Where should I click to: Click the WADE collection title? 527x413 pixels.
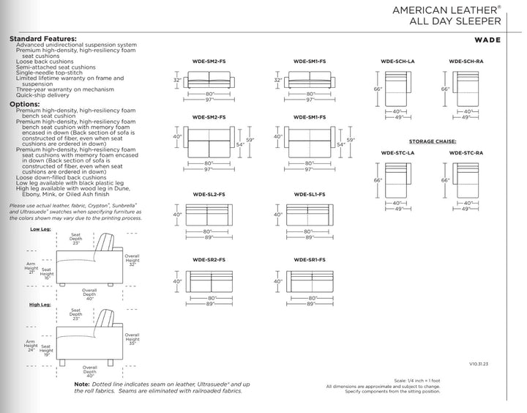(486, 42)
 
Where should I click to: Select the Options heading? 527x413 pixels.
(25, 105)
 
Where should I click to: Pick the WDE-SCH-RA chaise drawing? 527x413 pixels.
(465, 89)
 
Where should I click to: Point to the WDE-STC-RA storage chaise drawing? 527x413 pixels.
(465, 180)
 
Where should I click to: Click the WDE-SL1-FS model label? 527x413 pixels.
(310, 194)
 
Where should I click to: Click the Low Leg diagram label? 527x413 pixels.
(40, 229)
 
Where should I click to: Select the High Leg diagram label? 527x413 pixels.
(40, 304)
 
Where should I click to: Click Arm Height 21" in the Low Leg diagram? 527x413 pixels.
(31, 268)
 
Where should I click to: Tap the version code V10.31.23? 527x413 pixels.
(479, 362)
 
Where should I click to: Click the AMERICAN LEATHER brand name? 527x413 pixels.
(444, 11)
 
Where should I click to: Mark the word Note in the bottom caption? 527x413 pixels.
(82, 384)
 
